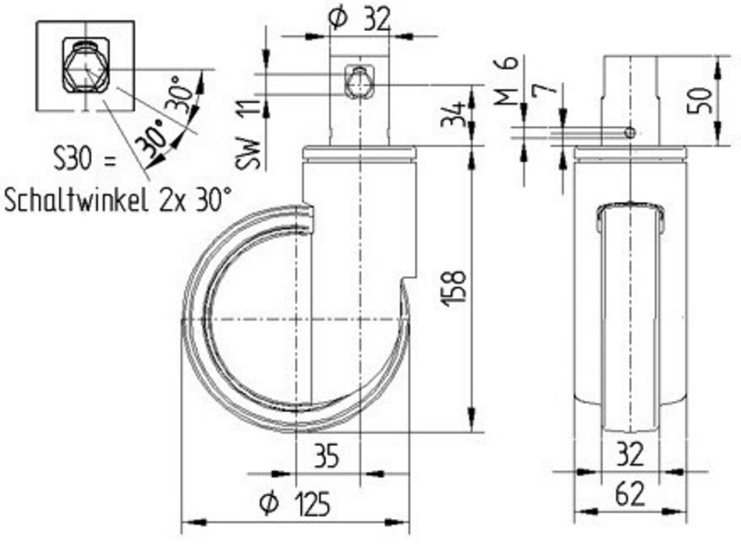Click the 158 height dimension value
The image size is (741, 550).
456,289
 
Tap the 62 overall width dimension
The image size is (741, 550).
629,494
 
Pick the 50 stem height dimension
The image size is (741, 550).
703,98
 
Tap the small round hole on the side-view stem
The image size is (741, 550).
630,133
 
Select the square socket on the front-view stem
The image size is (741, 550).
359,83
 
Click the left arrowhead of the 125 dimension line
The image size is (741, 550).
187,522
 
